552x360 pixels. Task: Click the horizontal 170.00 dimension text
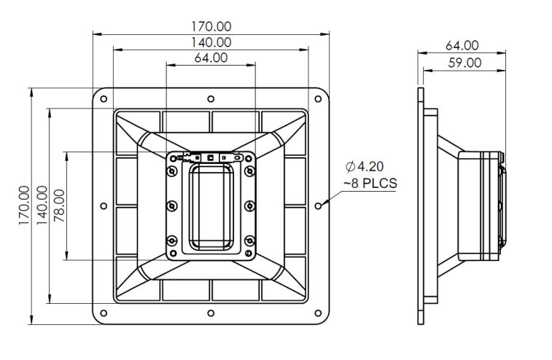[211, 27]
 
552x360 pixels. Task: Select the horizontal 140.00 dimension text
[211, 43]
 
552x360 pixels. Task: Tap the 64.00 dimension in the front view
[211, 58]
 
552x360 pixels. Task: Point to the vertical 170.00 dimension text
[25, 206]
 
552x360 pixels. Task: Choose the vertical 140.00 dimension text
[42, 206]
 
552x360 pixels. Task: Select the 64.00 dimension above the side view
[462, 46]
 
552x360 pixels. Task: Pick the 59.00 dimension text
[464, 63]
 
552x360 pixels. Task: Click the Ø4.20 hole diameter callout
[371, 167]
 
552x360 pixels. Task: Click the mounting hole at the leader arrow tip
[318, 206]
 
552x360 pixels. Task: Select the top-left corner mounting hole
[104, 98]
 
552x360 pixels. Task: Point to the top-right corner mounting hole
[318, 98]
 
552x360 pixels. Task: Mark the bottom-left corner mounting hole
[104, 313]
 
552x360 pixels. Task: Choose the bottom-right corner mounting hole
[318, 313]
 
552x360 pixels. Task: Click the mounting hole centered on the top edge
[211, 98]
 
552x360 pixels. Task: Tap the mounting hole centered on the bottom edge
[211, 313]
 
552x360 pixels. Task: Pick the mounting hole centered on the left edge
[104, 206]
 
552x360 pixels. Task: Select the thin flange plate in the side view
[421, 206]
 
